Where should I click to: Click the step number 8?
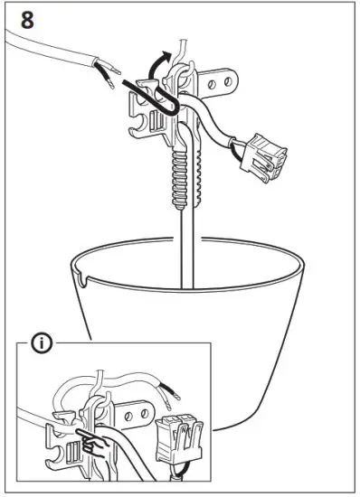click(x=28, y=20)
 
